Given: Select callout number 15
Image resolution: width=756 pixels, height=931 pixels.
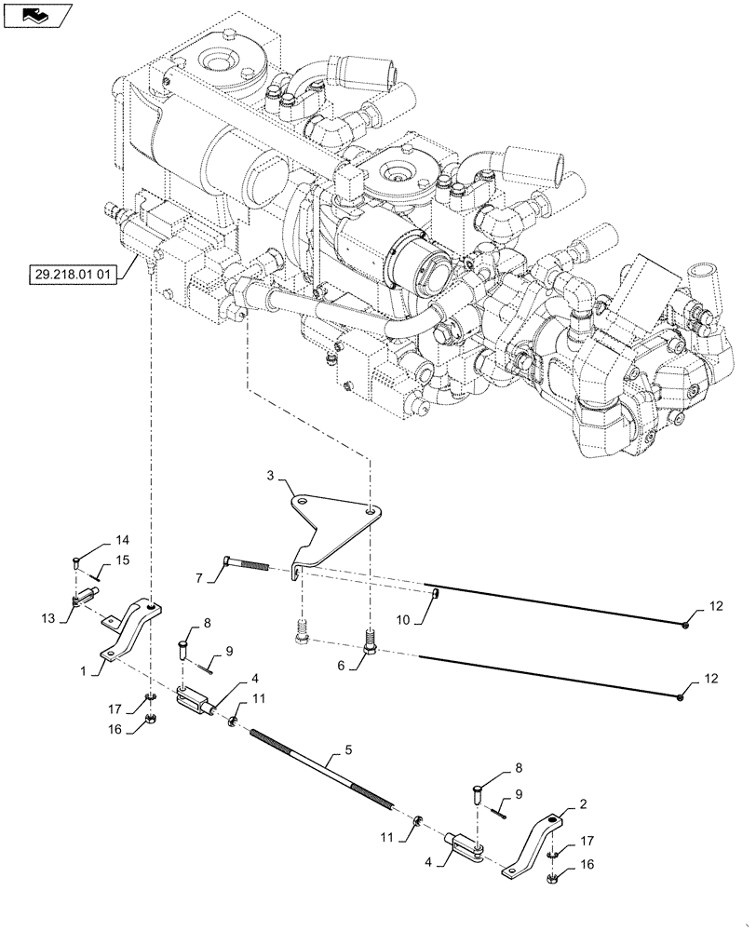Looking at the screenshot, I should (122, 560).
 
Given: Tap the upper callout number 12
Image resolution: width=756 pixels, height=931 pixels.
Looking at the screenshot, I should (714, 608).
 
